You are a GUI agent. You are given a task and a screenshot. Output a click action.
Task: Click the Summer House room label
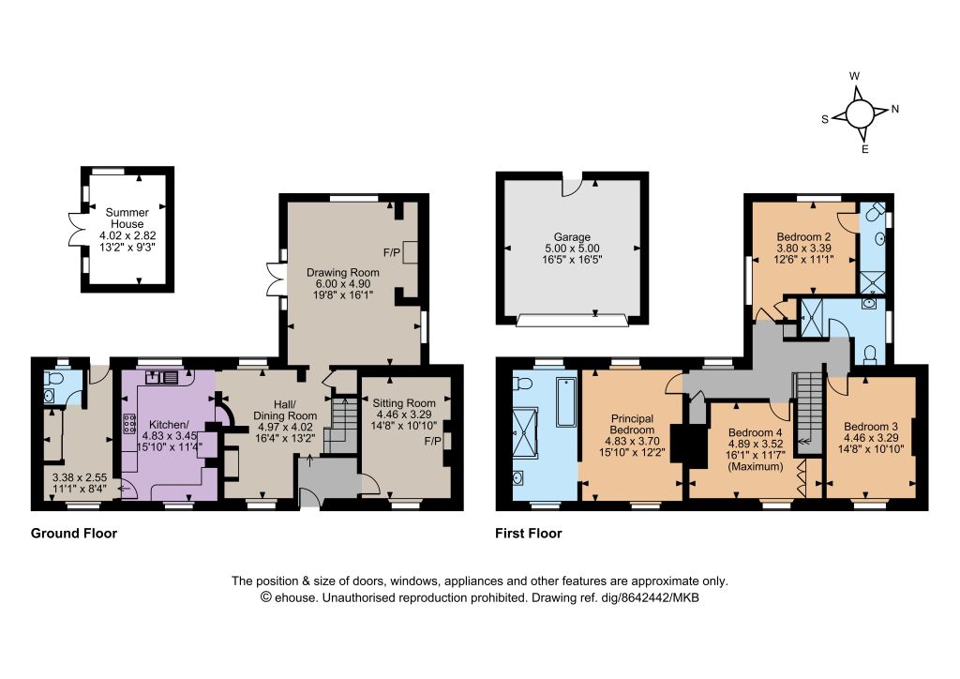click(x=127, y=218)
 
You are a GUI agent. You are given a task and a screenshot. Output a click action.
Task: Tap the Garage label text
click(x=572, y=237)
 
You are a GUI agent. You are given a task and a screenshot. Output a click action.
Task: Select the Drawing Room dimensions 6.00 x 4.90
click(x=343, y=284)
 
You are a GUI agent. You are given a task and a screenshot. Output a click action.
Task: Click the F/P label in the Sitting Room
click(x=432, y=441)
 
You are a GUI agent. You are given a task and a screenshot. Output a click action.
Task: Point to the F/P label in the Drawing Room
click(x=392, y=252)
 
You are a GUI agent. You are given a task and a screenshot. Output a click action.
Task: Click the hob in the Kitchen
click(x=129, y=424)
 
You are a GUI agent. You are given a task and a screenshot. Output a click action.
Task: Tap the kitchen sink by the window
click(x=162, y=376)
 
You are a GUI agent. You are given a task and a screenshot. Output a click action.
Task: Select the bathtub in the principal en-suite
click(x=566, y=401)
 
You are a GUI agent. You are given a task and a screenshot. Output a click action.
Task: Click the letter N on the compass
click(x=895, y=109)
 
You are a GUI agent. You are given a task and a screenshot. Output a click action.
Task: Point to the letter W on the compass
click(x=855, y=77)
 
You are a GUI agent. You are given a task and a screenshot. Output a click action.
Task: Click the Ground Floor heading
click(x=74, y=534)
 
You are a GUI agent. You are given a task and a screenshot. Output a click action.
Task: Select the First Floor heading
click(x=529, y=534)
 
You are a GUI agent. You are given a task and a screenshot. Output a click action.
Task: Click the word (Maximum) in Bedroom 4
click(x=755, y=466)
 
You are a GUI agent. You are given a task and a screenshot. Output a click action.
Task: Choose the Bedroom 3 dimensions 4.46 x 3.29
click(x=871, y=438)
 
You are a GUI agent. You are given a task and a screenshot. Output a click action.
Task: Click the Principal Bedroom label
click(x=632, y=424)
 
